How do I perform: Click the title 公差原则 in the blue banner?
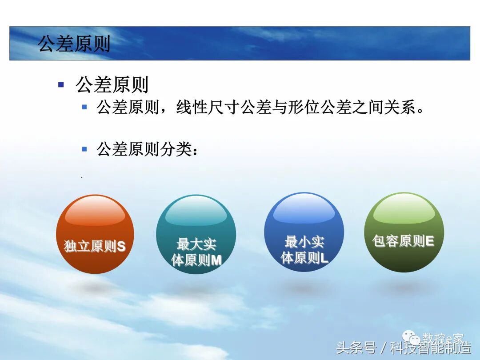74,44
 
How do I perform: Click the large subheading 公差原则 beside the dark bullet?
112,84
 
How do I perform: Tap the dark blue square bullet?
61,84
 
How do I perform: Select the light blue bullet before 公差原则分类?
84,149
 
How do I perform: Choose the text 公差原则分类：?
147,149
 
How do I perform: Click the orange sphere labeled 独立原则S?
95,234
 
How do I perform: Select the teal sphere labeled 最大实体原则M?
196,234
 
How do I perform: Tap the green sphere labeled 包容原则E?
404,232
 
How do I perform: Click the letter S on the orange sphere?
121,247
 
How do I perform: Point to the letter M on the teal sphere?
216,260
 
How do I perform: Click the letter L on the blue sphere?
324,258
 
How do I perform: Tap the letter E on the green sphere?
429,241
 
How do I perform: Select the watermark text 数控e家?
443,339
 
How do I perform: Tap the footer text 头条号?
356,348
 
